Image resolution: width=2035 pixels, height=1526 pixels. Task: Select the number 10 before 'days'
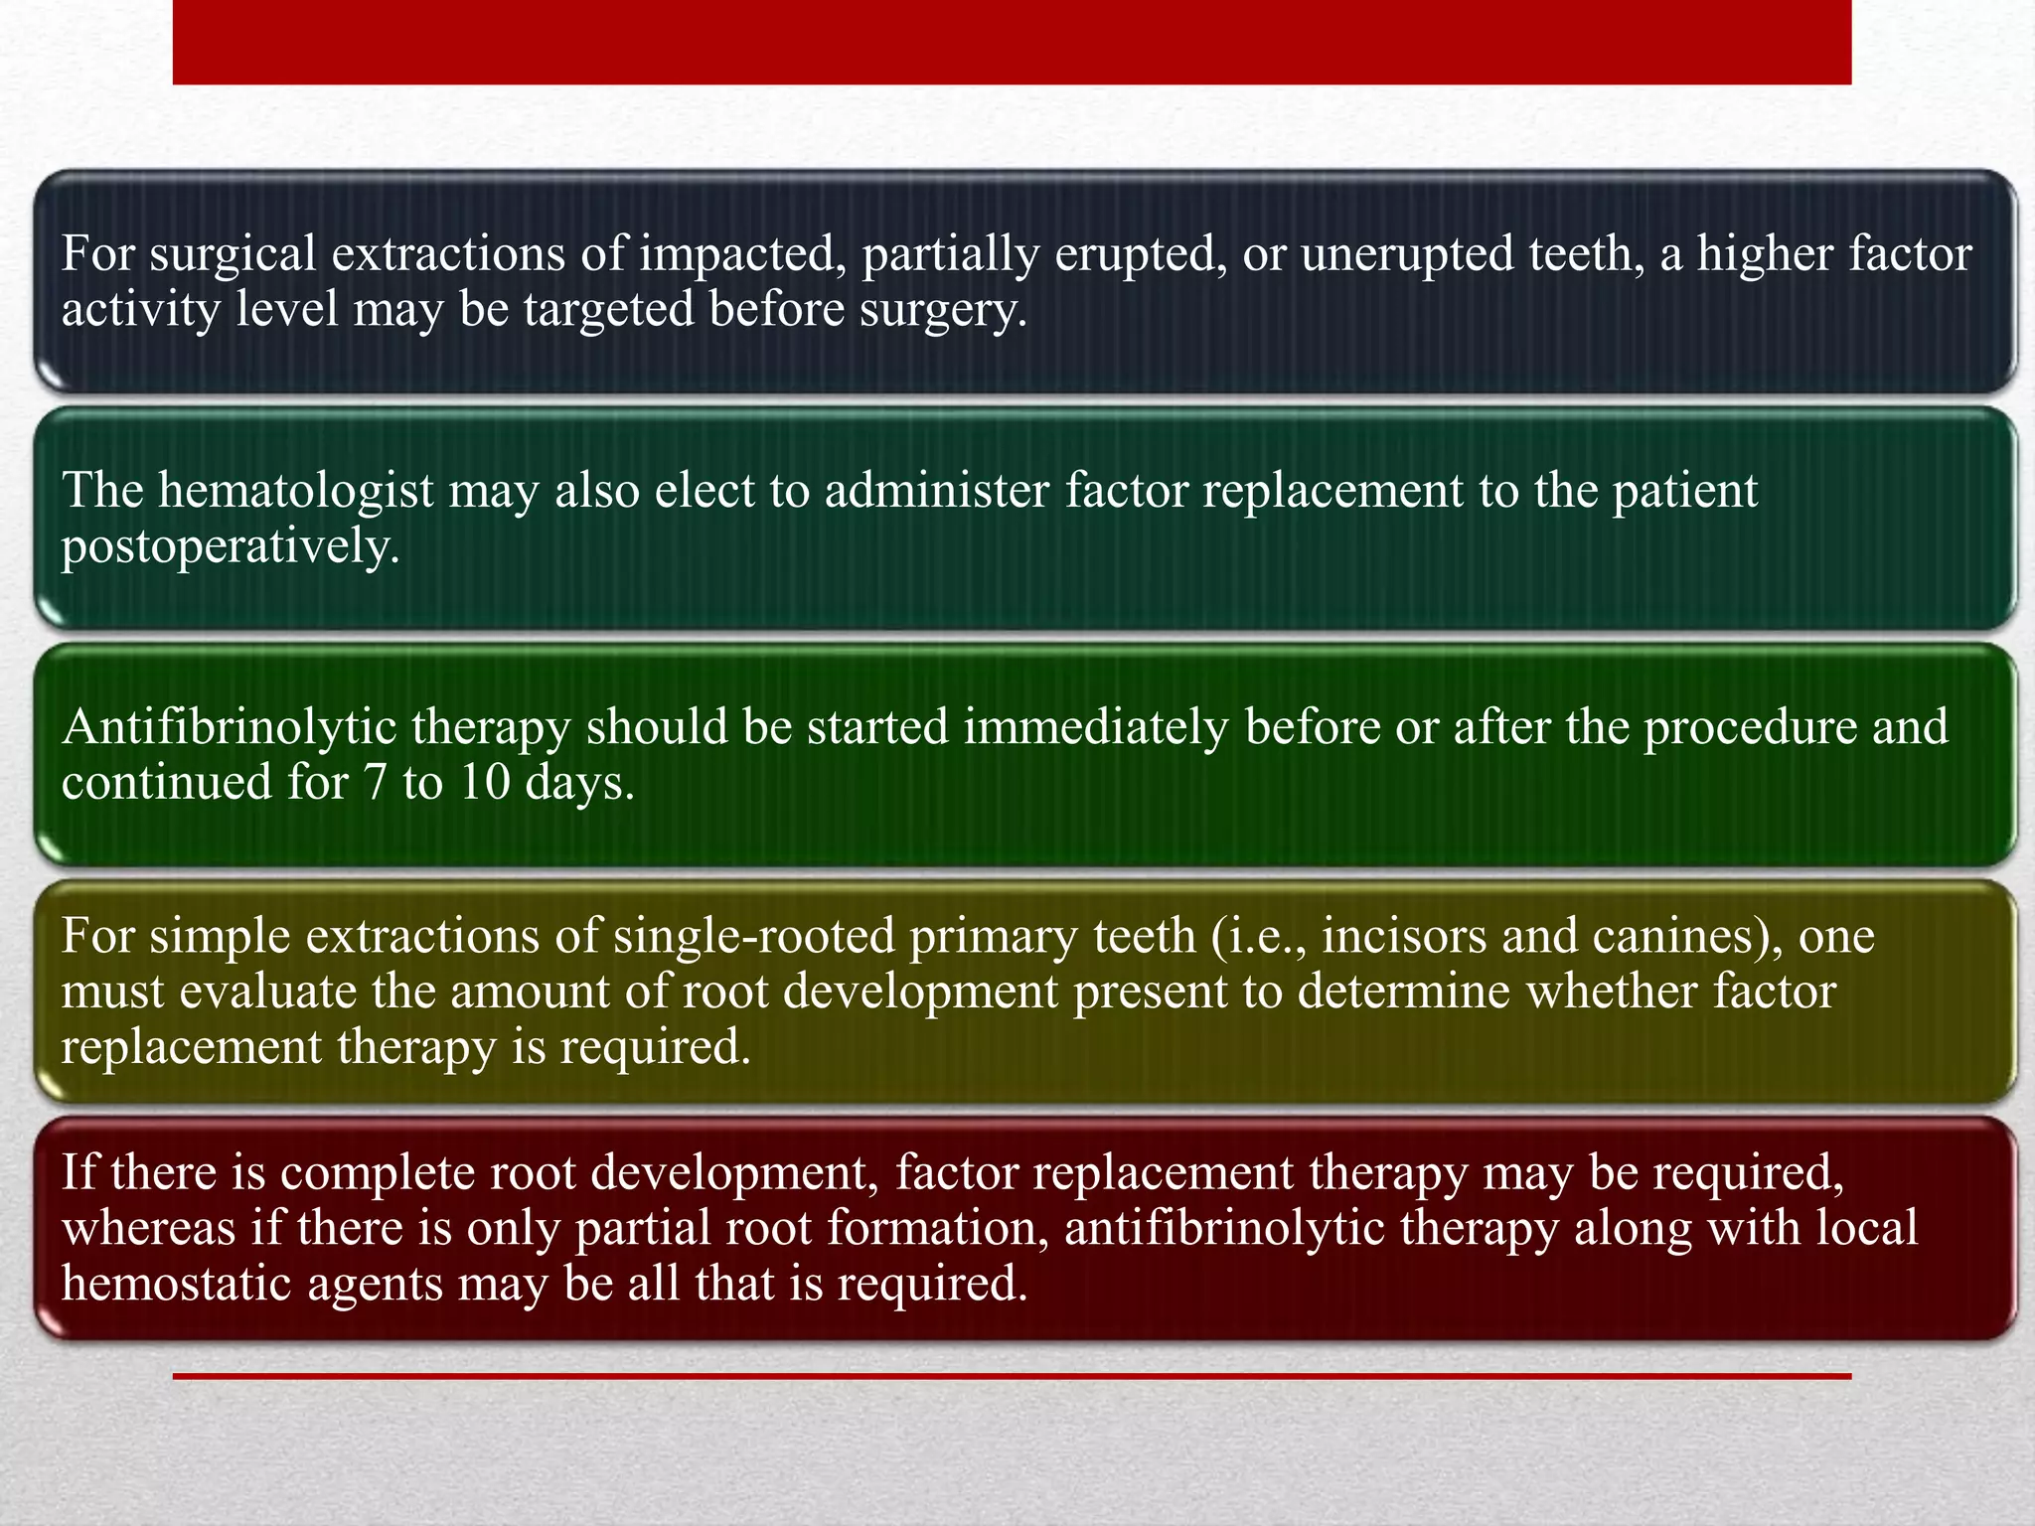pyautogui.click(x=484, y=783)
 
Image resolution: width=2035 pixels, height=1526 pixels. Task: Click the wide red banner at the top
pyautogui.click(x=1012, y=42)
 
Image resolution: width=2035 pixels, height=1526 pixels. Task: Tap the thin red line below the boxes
pyautogui.click(x=1012, y=1376)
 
